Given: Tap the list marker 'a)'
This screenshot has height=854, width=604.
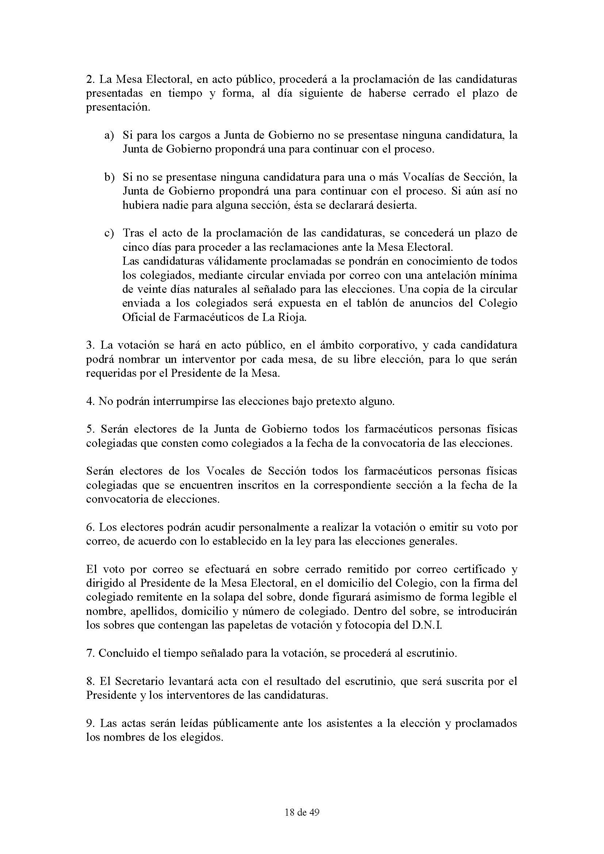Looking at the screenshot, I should point(108,135).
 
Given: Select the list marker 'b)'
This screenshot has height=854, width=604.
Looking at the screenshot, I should point(108,177).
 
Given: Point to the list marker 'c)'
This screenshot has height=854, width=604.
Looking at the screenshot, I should point(108,234).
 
